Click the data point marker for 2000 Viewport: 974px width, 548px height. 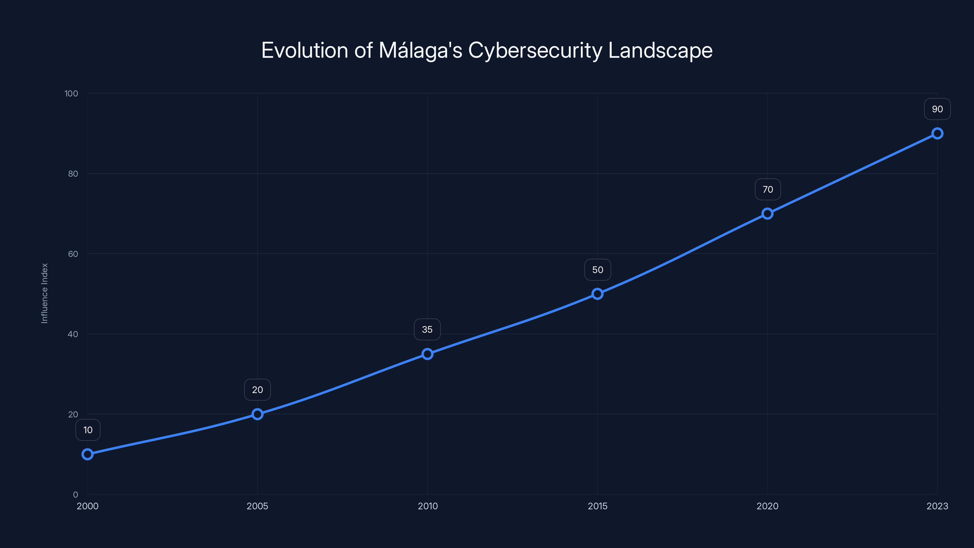tap(87, 454)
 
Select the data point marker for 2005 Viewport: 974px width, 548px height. tap(258, 414)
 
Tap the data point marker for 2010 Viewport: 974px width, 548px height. tap(427, 354)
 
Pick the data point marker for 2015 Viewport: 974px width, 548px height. tap(597, 294)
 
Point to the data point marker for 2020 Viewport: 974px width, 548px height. tap(767, 214)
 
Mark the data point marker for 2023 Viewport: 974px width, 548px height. tap(937, 134)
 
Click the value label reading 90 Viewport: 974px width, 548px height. tap(937, 109)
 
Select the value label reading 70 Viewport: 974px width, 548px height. tap(768, 189)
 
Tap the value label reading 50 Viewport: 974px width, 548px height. tap(597, 270)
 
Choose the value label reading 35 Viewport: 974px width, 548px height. tap(427, 329)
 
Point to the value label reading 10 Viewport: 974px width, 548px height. tap(88, 430)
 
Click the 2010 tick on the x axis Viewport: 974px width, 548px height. tap(428, 506)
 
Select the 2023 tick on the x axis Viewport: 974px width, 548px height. tap(937, 506)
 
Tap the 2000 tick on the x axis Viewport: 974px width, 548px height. tap(87, 506)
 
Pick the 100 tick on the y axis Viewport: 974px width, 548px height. tap(71, 93)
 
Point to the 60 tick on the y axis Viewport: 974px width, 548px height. tap(73, 254)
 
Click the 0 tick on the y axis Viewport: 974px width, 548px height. tap(75, 494)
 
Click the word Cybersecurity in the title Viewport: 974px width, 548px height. tap(535, 50)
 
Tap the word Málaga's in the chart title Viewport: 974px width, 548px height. tap(420, 50)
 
